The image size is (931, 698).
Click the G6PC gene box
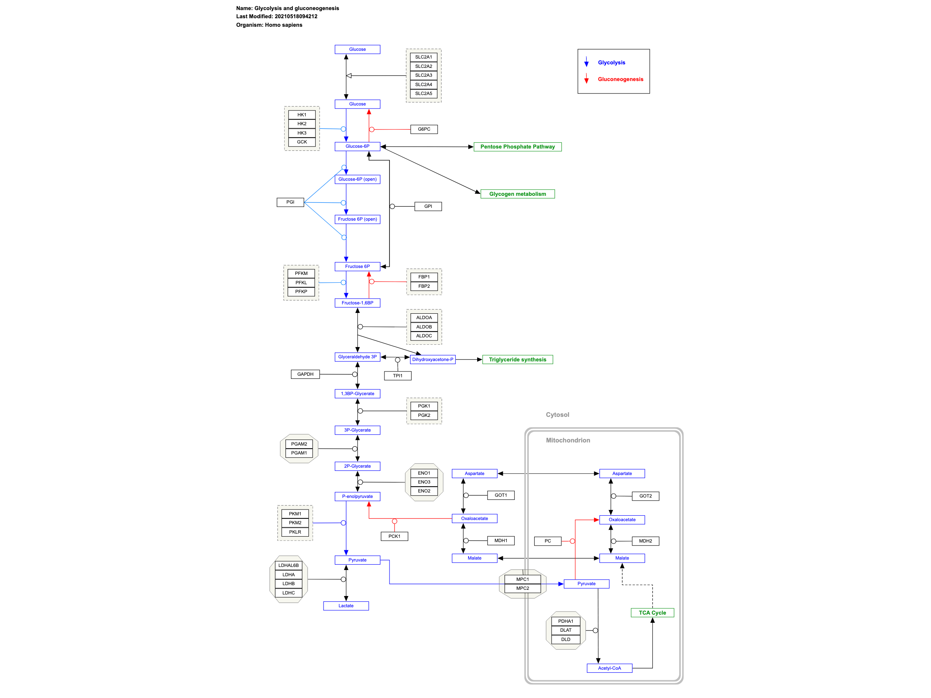tap(424, 129)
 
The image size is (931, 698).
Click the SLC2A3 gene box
tap(424, 75)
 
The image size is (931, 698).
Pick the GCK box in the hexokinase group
tap(302, 142)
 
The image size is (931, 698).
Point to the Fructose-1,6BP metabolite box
tap(357, 303)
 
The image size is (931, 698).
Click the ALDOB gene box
tap(424, 327)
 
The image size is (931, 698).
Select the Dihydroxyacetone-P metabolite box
tap(432, 360)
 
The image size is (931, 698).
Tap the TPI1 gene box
tap(397, 376)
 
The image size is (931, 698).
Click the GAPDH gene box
tap(305, 374)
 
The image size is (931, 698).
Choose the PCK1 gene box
tap(394, 536)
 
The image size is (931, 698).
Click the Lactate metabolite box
tap(346, 606)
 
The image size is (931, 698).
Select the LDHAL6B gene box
tap(288, 565)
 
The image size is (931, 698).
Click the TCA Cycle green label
tap(652, 613)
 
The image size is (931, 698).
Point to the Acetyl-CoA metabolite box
tap(609, 668)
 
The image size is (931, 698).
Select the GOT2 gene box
tap(645, 496)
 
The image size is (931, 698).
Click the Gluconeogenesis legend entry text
tap(620, 79)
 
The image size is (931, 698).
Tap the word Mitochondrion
tap(568, 440)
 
